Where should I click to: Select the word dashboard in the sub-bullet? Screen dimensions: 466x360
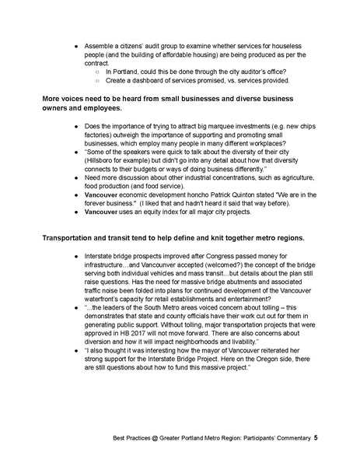point(137,80)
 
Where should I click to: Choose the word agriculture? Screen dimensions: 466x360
point(305,178)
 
